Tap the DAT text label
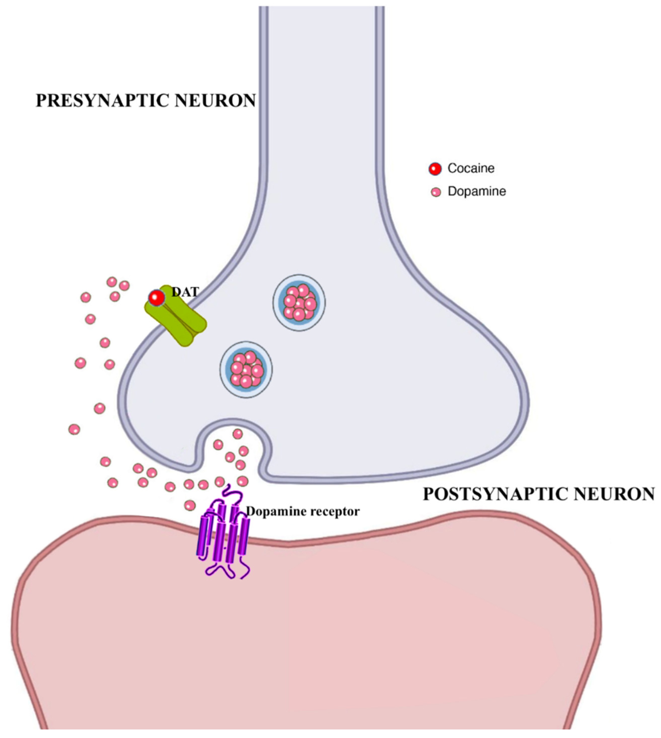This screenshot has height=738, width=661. click(185, 292)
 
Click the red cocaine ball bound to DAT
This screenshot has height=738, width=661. click(157, 298)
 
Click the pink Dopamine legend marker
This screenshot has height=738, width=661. click(435, 192)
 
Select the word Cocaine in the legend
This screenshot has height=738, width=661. click(471, 169)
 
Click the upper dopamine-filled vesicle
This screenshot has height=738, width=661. click(299, 302)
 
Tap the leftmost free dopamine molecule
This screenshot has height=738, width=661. click(74, 429)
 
